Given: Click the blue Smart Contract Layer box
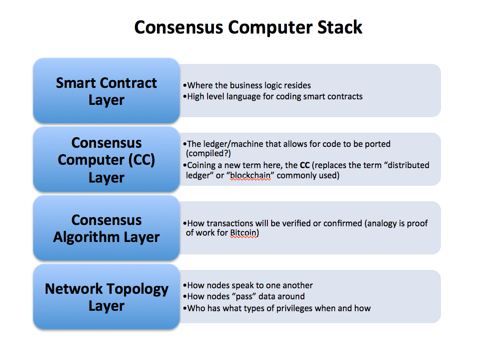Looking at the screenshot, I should tap(106, 91).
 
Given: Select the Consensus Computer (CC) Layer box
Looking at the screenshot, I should tap(106, 160).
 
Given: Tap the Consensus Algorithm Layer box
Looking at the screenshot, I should tap(106, 228).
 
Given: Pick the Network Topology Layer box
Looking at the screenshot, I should tap(106, 297).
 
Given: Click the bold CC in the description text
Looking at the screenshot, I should tap(304, 165).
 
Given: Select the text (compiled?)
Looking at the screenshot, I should tap(208, 154).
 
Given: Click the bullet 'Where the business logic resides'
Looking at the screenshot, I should tap(249, 85).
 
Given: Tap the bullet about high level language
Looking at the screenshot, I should tap(275, 96).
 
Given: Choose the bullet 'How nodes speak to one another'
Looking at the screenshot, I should tap(250, 285).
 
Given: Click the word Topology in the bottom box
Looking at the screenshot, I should tap(137, 289).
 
